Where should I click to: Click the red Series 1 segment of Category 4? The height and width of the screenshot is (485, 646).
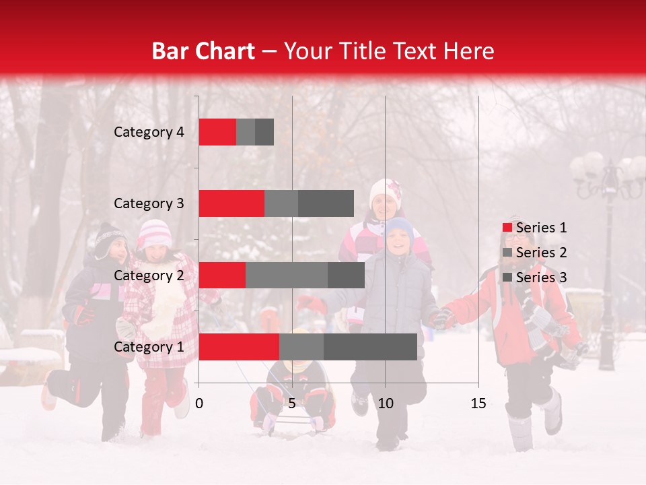point(217,132)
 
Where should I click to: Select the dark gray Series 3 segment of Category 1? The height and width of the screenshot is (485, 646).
point(370,347)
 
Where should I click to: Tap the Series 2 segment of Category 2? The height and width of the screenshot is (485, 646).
point(287,275)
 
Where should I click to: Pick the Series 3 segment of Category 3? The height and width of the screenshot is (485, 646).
point(326,203)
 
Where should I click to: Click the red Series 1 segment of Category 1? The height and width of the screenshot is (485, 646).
point(239,347)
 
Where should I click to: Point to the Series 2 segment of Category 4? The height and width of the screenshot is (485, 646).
point(246,132)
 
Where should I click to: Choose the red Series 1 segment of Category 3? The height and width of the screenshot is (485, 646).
point(231,203)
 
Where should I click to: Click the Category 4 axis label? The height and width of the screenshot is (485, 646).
point(149,132)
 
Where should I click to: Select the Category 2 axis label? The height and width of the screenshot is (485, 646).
point(149,275)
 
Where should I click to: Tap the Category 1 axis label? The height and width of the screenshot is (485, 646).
point(149,347)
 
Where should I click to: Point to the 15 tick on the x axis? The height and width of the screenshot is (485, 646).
point(478,403)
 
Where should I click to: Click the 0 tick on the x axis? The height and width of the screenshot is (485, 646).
point(199,403)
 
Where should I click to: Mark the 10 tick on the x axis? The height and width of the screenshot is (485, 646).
point(385,403)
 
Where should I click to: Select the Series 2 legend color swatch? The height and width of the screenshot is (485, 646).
point(507,253)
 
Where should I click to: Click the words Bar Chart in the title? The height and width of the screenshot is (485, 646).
point(203,51)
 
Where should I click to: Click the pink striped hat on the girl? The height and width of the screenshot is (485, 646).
point(154,233)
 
